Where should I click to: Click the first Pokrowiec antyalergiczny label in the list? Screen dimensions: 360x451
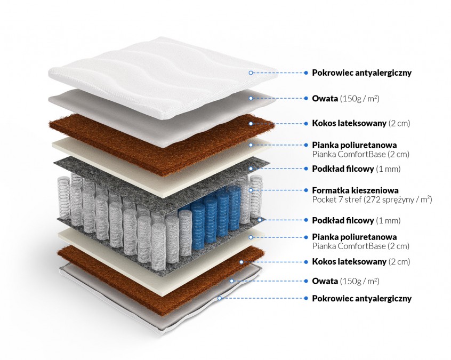coord(361,73)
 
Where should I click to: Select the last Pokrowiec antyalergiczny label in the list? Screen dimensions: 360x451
coord(361,299)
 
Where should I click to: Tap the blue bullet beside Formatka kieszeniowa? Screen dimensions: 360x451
coord(307,190)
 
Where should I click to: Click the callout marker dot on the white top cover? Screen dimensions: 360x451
coord(250,73)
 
